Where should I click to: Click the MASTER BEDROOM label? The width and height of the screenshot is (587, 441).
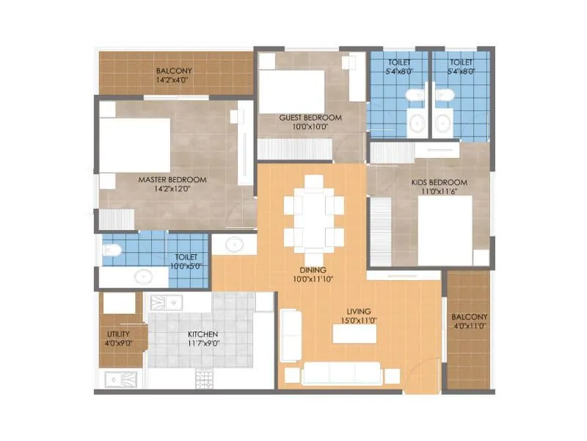coord(172,179)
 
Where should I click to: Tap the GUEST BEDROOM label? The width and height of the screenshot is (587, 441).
coord(310,118)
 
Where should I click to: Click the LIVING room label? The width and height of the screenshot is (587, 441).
coord(360,311)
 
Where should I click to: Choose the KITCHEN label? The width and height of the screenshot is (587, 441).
coord(203,334)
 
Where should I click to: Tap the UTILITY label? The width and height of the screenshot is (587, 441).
coord(118,334)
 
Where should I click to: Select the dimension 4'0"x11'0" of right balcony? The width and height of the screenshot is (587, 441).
coord(469,326)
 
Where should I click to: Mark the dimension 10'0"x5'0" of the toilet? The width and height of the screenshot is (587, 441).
coord(186,266)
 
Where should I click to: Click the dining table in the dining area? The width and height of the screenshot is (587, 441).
coord(314,213)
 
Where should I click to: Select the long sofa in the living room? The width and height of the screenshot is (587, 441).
coord(341,373)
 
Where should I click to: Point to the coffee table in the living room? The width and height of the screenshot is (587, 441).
coord(356,333)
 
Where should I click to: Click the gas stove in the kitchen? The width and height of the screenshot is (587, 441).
coord(204,379)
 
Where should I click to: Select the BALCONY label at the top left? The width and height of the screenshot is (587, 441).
coord(174,71)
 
